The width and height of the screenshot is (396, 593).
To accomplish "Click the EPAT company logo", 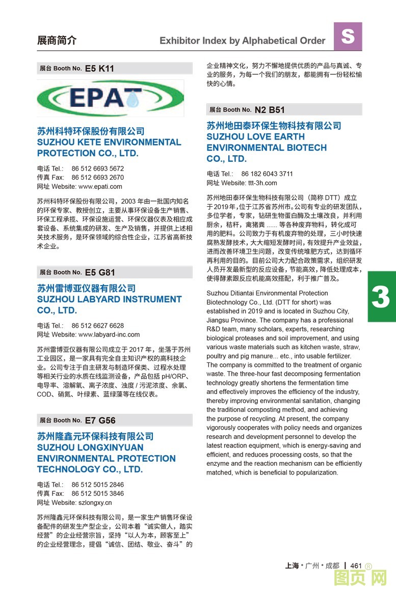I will [110, 98].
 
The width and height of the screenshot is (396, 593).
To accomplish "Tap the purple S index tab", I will [348, 36].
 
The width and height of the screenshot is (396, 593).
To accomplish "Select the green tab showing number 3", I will [381, 296].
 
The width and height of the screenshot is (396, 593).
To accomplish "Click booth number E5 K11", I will [99, 68].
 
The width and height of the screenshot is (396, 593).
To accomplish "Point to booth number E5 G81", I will [100, 272].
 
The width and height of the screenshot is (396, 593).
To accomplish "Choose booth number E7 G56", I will [100, 420].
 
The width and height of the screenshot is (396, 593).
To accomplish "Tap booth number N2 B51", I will [270, 110].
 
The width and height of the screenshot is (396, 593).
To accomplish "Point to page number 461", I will [356, 566].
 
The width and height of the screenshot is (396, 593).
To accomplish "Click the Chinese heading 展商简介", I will [57, 41].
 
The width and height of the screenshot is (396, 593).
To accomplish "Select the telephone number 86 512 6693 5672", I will [97, 168].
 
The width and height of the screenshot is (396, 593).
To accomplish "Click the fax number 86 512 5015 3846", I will [97, 493].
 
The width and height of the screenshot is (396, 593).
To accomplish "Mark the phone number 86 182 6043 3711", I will [267, 174].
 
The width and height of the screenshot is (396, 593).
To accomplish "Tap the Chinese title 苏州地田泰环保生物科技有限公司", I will [274, 126].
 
